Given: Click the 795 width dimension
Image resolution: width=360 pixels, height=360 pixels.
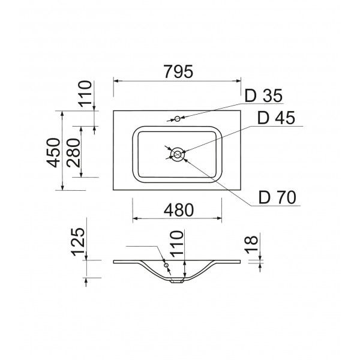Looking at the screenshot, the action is (x=178, y=71).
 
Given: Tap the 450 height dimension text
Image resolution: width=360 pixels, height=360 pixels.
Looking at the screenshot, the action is (x=53, y=152).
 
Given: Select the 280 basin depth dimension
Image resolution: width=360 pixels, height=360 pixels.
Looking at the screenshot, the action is (x=73, y=152).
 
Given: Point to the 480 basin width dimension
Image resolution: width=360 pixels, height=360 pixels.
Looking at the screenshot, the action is (x=179, y=210).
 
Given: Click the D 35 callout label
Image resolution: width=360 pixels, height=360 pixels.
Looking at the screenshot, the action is (x=263, y=95).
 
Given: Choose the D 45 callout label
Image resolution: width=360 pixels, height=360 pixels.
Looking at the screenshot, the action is (x=276, y=118).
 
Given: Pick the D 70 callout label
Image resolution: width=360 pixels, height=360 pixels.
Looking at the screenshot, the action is (x=277, y=197).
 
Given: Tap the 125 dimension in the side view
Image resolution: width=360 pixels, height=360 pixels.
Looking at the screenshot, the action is (x=78, y=242).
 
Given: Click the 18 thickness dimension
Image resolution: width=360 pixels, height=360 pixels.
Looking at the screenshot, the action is (x=251, y=245).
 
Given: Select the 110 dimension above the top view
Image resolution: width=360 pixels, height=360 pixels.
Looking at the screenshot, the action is (x=85, y=94).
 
